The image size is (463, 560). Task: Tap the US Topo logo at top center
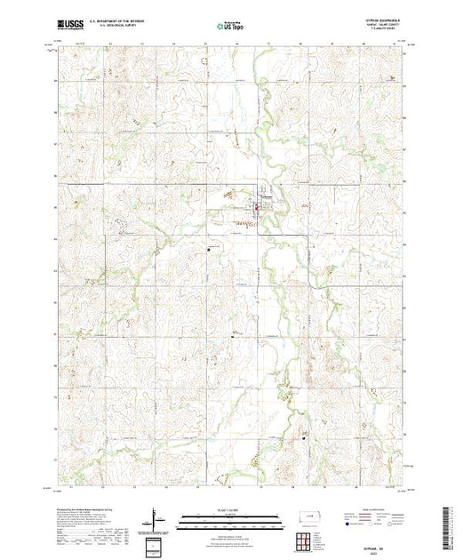[230, 28]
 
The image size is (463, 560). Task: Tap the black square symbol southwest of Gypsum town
[209, 248]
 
